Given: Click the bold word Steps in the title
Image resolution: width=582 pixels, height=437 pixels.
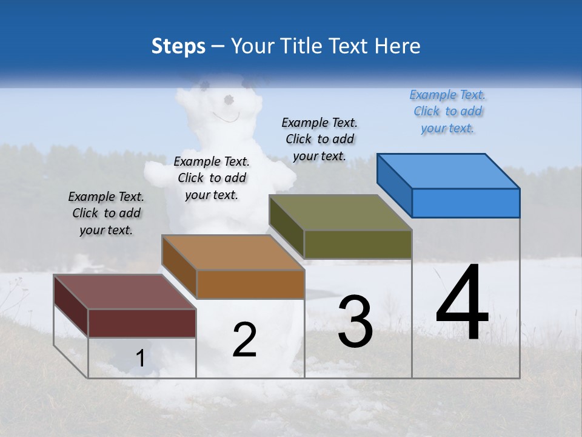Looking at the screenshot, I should click(x=178, y=46).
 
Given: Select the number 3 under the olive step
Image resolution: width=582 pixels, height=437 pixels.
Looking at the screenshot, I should click(x=355, y=322).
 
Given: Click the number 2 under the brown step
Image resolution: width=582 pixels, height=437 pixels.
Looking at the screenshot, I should click(x=244, y=340).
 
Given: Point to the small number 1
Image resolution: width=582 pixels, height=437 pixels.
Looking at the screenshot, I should click(x=140, y=359).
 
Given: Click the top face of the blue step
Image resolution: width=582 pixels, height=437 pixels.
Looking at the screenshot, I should click(x=449, y=171).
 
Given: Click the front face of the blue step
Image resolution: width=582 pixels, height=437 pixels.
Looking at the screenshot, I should click(x=466, y=203).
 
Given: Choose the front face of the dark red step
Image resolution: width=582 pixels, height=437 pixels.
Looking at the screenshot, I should click(x=142, y=323).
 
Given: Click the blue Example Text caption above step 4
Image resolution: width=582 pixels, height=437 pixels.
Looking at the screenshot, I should click(x=447, y=111).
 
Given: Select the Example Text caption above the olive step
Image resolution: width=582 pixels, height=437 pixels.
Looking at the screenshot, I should click(x=319, y=139).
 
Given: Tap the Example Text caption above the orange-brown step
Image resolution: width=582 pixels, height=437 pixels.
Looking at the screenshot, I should click(x=212, y=178).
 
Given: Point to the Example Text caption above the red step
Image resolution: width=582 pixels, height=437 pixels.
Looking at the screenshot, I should click(x=105, y=213).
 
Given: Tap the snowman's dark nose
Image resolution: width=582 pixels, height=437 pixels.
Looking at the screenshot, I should click(x=229, y=99).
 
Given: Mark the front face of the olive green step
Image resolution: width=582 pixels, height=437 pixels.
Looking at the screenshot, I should click(x=358, y=245).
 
